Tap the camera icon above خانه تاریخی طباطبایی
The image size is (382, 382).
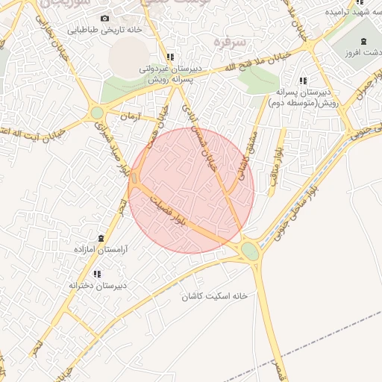[x=104, y=18]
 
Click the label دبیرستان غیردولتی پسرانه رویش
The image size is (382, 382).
[x=170, y=72]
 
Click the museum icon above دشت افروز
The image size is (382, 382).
[x=363, y=41]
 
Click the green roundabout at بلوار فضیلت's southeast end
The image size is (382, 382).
[x=251, y=251]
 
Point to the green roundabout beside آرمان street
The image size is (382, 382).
[x=97, y=113]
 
